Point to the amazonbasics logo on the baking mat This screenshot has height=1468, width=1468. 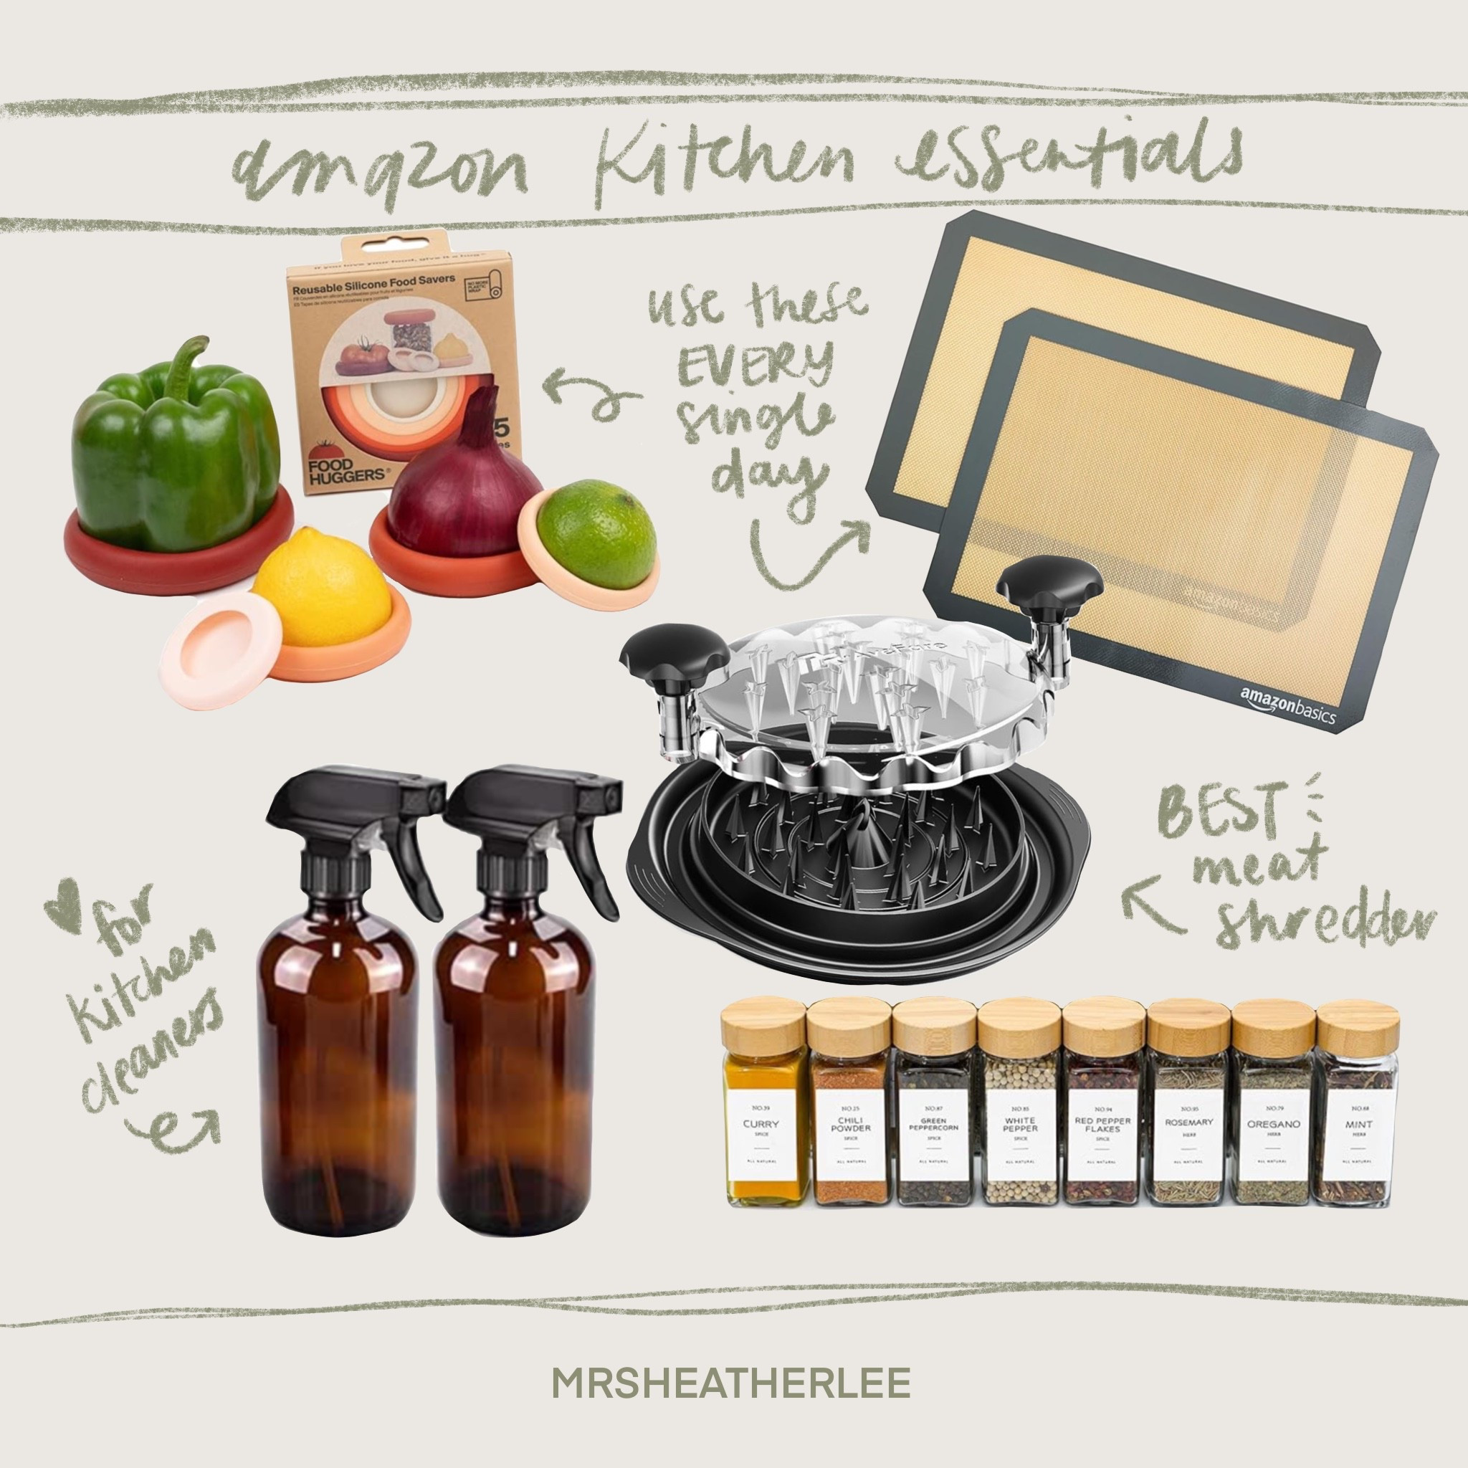pyautogui.click(x=1287, y=705)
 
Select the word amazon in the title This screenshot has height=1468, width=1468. pyautogui.click(x=380, y=171)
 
